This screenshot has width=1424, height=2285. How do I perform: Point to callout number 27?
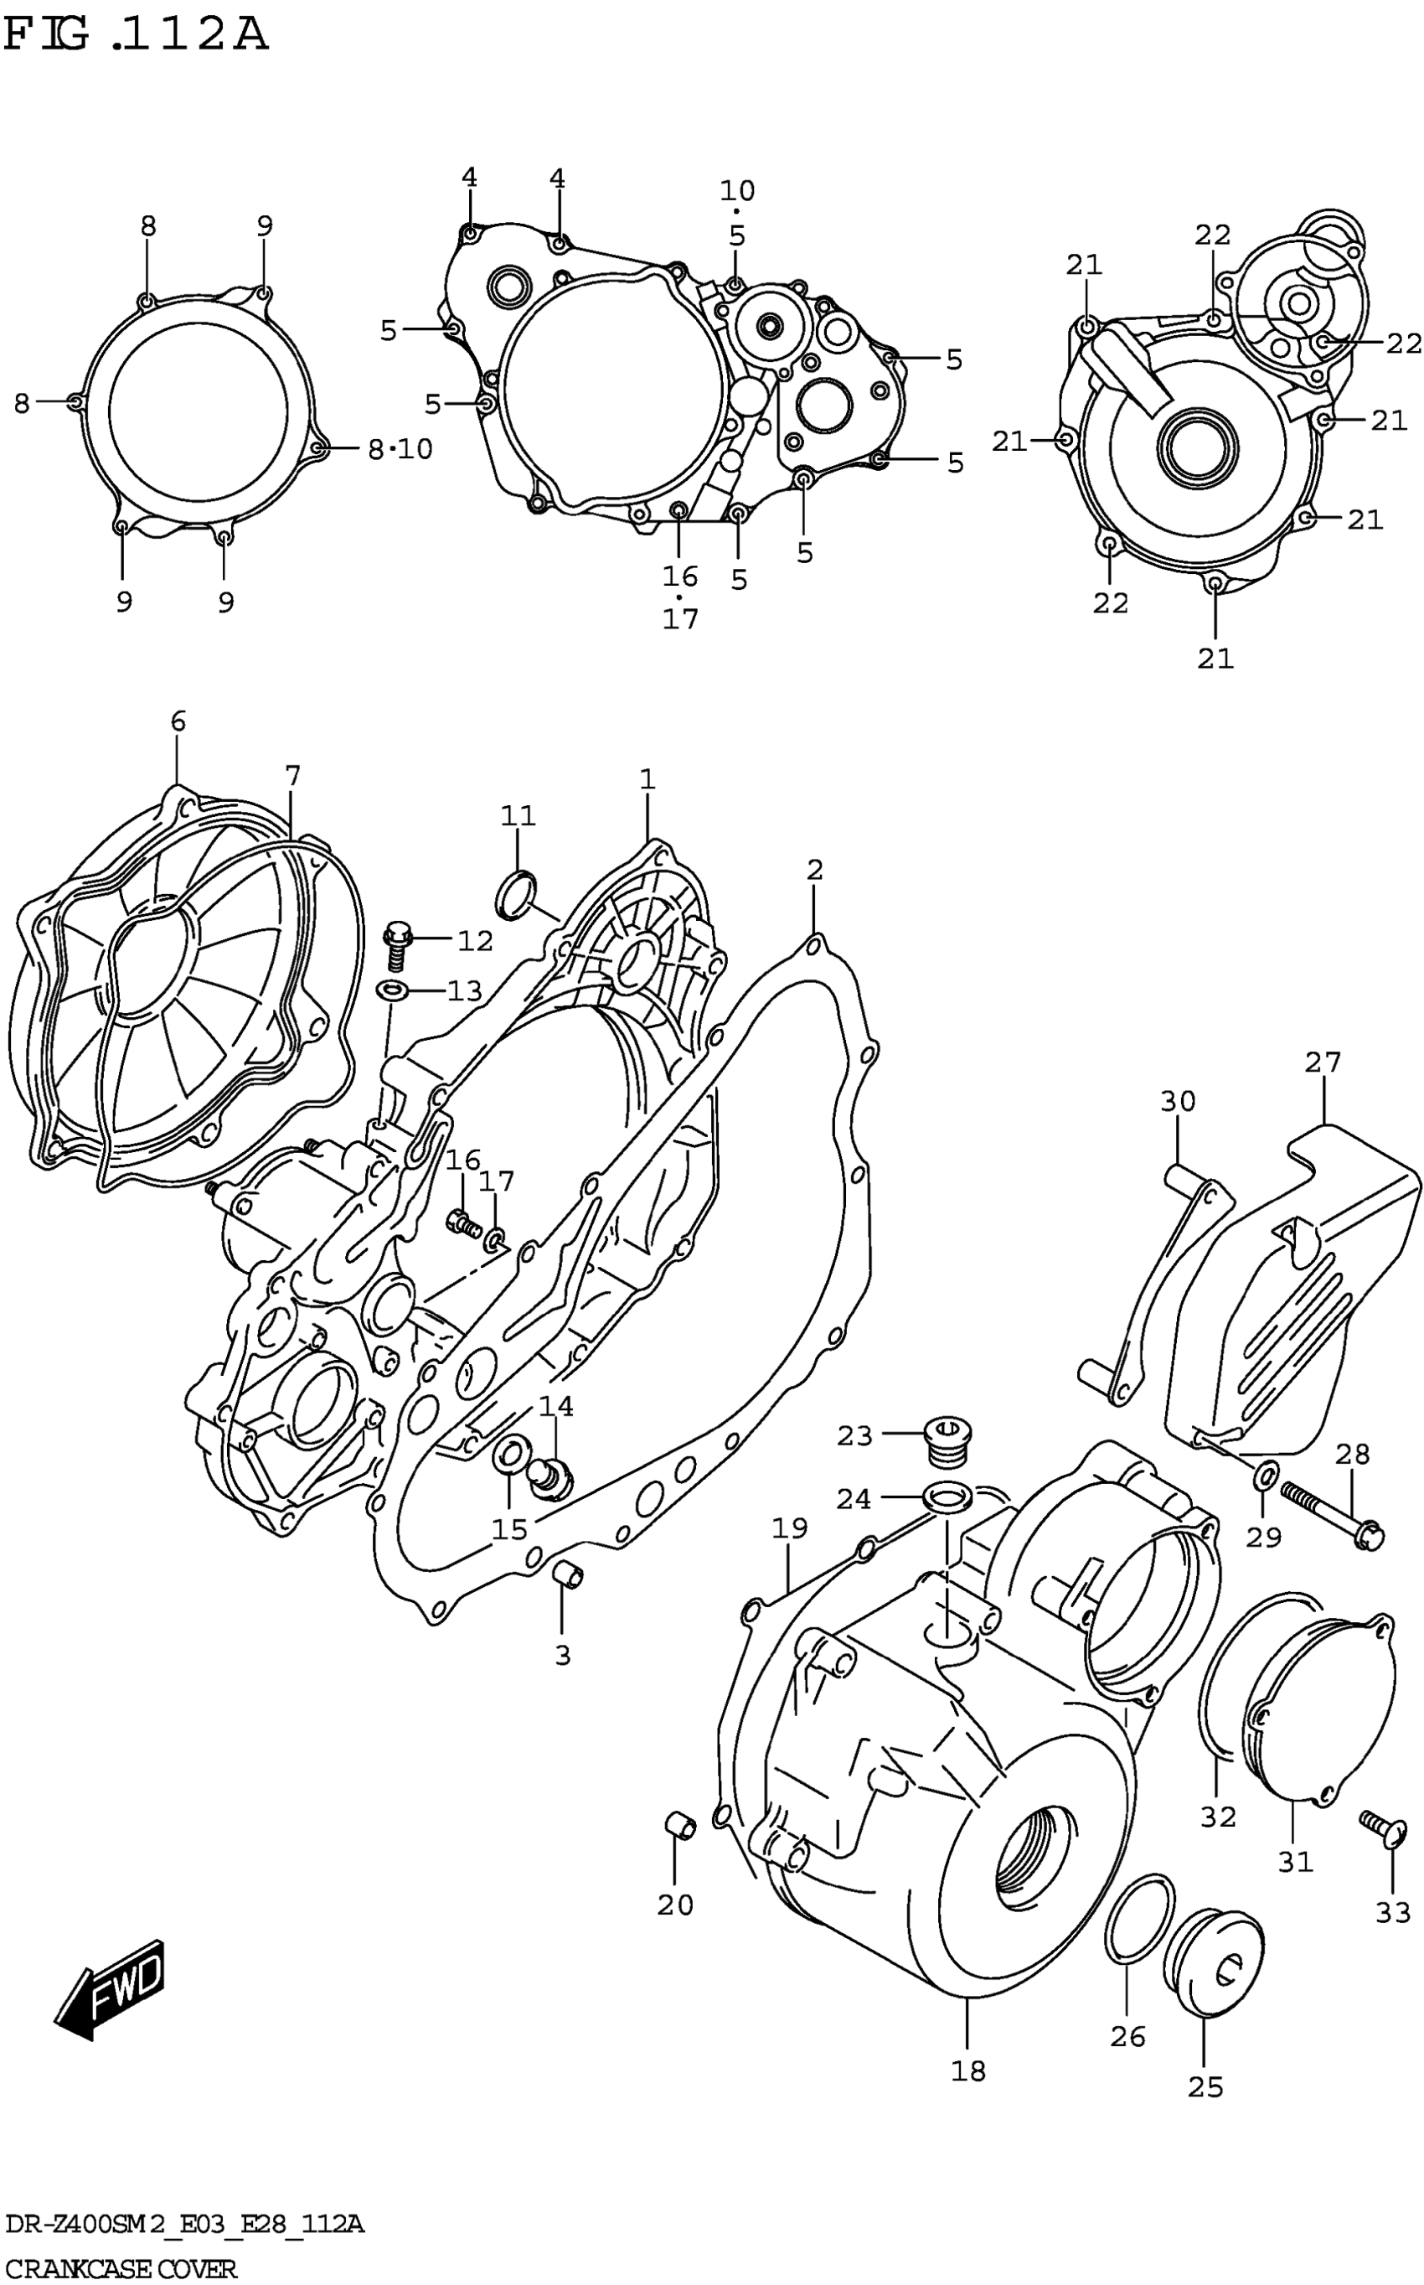1323,1062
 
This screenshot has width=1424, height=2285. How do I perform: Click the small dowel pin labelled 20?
680,1824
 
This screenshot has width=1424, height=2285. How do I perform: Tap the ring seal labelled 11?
516,894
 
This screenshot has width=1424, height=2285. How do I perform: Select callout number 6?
178,721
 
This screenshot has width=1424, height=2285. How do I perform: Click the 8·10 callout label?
400,449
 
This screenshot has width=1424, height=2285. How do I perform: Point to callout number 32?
1218,1816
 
